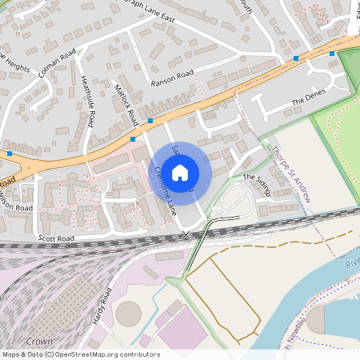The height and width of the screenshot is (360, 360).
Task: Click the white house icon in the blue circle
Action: tap(180, 172)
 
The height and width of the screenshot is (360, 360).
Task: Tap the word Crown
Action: tap(39, 341)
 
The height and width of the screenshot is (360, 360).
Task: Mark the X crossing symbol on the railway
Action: tap(186, 234)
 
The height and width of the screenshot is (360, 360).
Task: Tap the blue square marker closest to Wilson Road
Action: tap(9, 153)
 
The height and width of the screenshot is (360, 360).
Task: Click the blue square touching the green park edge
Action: tap(332, 54)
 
